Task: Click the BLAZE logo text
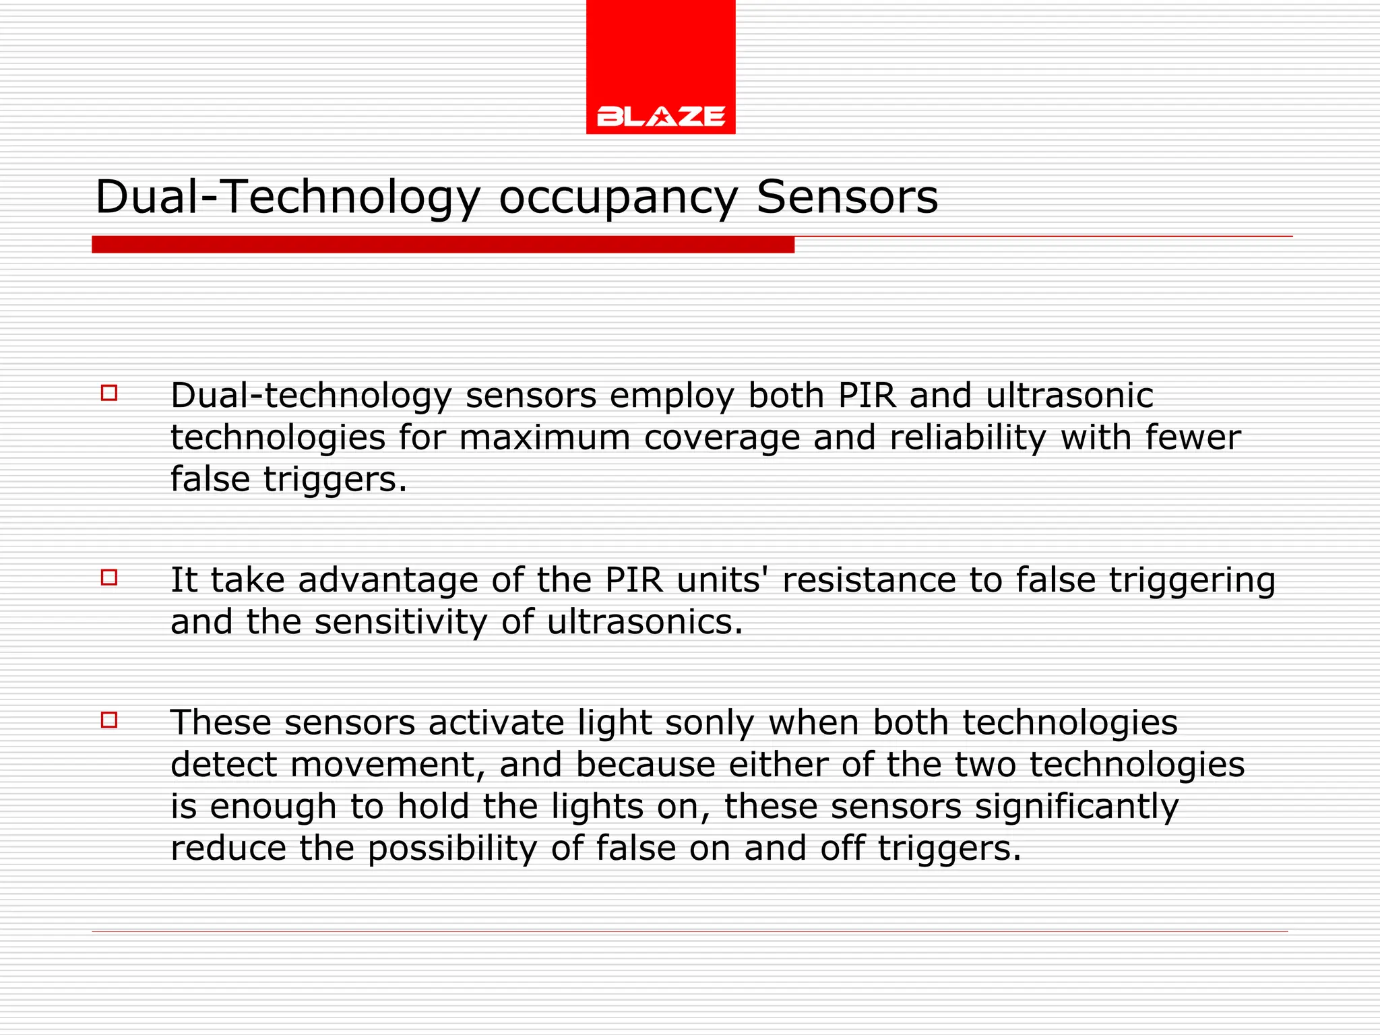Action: point(660,117)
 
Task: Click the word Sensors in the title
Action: point(847,197)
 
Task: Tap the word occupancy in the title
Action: point(618,199)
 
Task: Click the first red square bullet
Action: point(109,393)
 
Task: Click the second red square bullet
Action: point(109,577)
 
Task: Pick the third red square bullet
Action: point(109,720)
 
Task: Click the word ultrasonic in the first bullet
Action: point(1069,396)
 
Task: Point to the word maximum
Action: point(544,437)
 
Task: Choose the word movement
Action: point(387,765)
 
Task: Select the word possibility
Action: point(453,849)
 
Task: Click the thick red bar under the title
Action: point(443,245)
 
